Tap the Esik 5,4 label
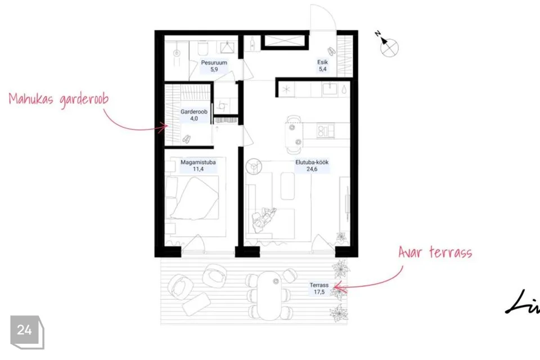pos(322,65)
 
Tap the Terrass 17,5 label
pos(319,289)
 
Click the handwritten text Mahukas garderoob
pos(58,99)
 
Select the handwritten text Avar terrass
pos(435,252)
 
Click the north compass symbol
pos(387,43)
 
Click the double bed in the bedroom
pos(192,198)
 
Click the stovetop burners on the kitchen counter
pos(326,131)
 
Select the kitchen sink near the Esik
pos(330,88)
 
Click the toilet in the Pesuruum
pos(202,48)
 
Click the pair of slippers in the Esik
pos(331,51)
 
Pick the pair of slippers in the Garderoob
pos(186,139)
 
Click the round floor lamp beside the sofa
pos(254,166)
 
